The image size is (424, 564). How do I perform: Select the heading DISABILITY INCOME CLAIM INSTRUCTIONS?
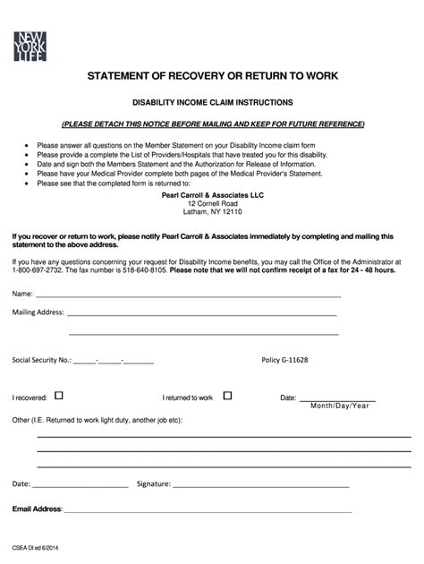pyautogui.click(x=211, y=104)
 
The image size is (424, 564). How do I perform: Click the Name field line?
pyautogui.click(x=188, y=295)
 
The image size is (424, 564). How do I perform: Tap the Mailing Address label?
pyautogui.click(x=38, y=313)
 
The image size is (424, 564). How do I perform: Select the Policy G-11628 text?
pyautogui.click(x=284, y=360)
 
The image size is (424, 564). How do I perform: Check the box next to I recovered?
pyautogui.click(x=59, y=396)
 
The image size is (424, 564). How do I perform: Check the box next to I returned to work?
pyautogui.click(x=227, y=396)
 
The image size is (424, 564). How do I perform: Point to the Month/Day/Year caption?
pyautogui.click(x=339, y=406)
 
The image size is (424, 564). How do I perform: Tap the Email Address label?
pyautogui.click(x=37, y=509)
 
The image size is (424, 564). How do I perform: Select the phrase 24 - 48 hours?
pyautogui.click(x=370, y=269)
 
